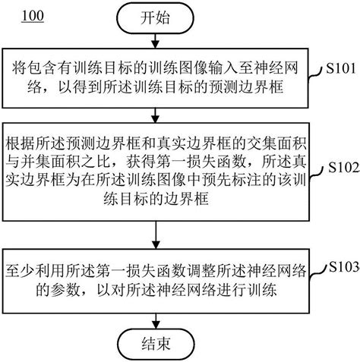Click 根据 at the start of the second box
(17, 142)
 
